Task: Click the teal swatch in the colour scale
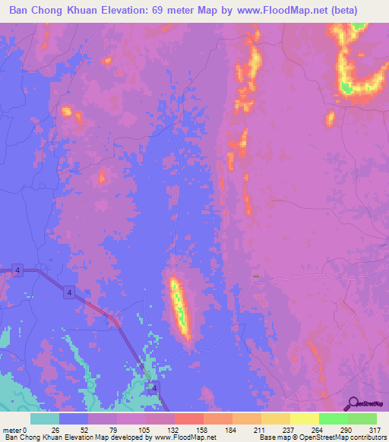click(x=44, y=418)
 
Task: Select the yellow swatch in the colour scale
click(x=304, y=418)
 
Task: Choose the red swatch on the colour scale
click(x=188, y=418)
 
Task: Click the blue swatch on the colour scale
click(x=73, y=418)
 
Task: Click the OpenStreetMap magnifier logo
click(x=354, y=403)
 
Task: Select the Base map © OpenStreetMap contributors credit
click(x=321, y=437)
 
